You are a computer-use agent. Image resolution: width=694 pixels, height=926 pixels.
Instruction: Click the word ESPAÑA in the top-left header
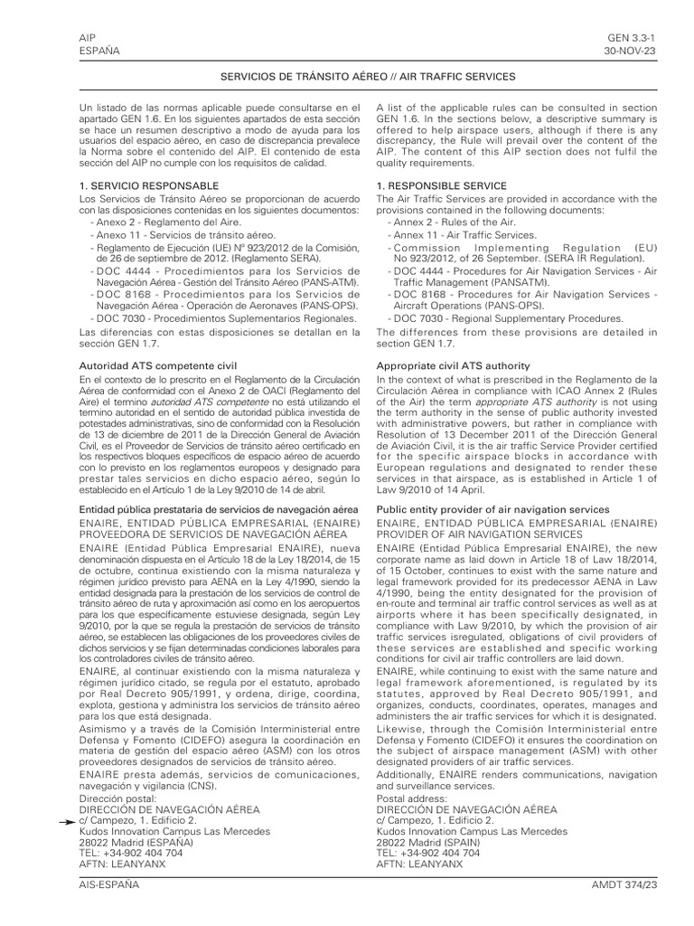100,51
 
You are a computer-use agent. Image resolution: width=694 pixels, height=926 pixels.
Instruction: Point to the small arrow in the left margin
67,819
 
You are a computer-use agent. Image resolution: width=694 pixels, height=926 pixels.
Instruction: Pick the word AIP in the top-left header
88,37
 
